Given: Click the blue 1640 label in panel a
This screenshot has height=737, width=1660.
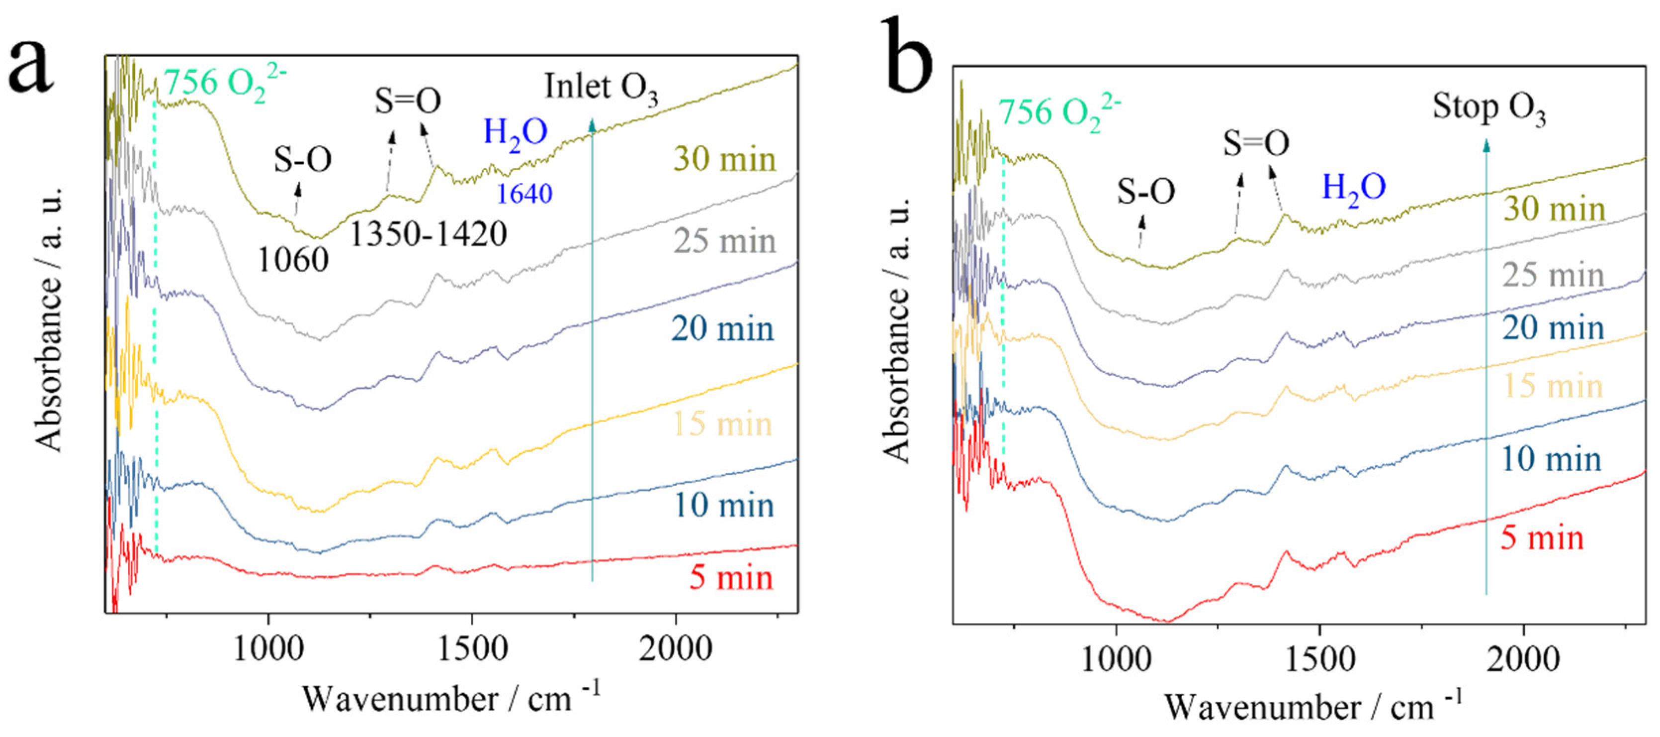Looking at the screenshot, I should pyautogui.click(x=524, y=194).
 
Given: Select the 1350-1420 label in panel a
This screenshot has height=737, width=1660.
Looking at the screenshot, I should pyautogui.click(x=428, y=233).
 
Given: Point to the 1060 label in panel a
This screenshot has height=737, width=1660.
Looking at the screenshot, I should pyautogui.click(x=293, y=260).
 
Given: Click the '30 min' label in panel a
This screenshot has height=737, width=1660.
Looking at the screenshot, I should pyautogui.click(x=725, y=159).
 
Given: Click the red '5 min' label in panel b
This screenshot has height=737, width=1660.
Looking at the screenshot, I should pyautogui.click(x=1542, y=537).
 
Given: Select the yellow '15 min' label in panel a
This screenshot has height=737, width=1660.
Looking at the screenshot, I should pyautogui.click(x=722, y=423).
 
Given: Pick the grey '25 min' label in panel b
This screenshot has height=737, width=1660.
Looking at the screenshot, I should pyautogui.click(x=1553, y=275).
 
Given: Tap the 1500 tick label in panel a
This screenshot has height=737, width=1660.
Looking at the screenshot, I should pyautogui.click(x=472, y=648).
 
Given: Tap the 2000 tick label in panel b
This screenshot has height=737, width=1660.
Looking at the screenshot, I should pyautogui.click(x=1523, y=659).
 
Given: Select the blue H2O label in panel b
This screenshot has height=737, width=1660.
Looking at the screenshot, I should pyautogui.click(x=1353, y=188).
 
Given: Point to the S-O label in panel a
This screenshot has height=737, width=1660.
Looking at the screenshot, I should pyautogui.click(x=302, y=159).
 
